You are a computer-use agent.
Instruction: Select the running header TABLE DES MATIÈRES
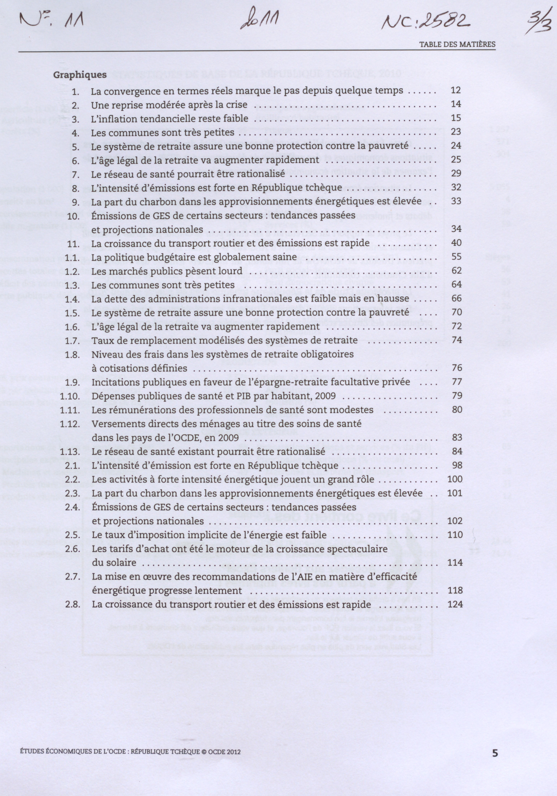(457, 45)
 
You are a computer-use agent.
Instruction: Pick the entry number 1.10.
(70, 396)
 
